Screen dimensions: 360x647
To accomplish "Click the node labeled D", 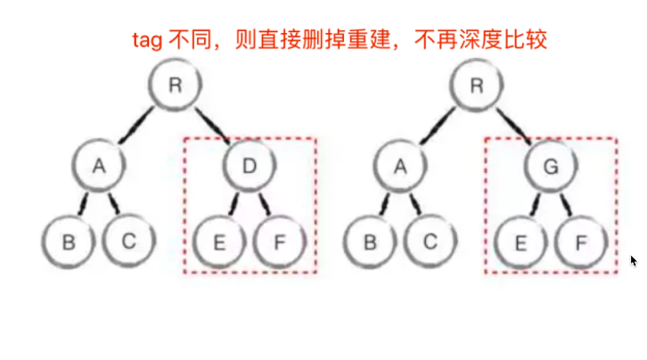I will tap(250, 165).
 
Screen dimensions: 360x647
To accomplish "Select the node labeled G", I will tap(551, 165).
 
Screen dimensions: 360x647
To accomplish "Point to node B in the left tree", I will tap(68, 240).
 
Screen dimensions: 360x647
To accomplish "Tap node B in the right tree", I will tap(368, 240).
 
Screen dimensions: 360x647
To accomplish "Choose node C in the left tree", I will tap(129, 240).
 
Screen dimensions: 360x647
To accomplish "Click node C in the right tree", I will tap(430, 240).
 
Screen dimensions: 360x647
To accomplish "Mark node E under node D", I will tap(219, 241).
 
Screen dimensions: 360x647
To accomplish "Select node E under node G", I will tap(520, 241).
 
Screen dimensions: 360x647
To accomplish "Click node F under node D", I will tap(280, 241).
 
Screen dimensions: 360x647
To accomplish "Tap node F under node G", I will tap(581, 241).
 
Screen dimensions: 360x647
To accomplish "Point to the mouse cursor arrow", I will tap(634, 260).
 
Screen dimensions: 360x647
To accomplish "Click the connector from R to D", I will tap(213, 126).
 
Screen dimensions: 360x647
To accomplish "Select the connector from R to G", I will tap(514, 126).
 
